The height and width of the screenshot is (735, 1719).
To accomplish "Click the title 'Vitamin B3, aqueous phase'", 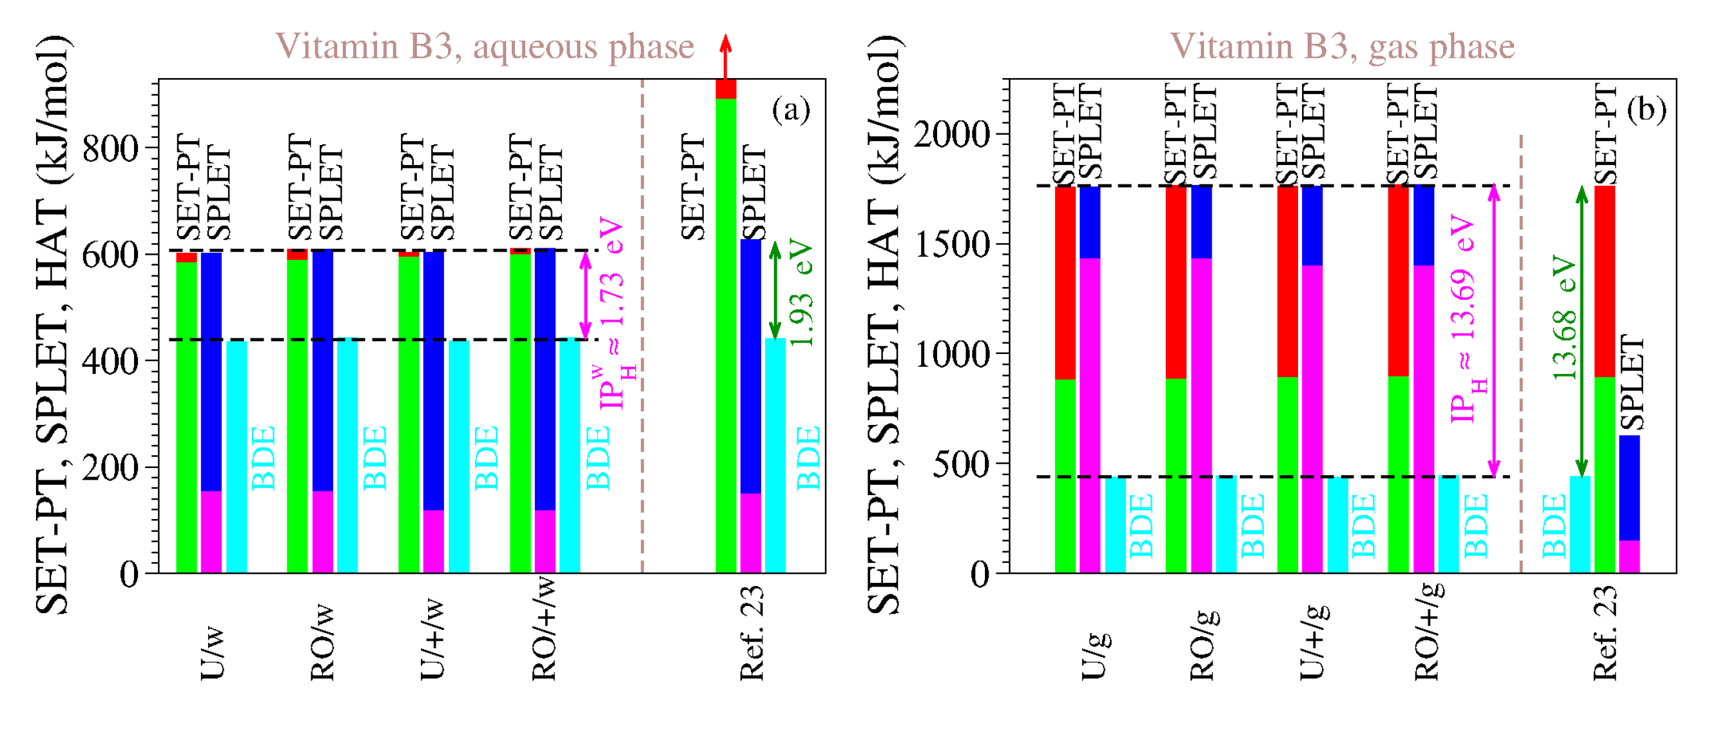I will point(485,46).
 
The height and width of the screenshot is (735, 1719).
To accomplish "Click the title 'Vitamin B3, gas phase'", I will point(1342,46).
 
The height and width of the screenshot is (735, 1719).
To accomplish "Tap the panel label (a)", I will point(790,109).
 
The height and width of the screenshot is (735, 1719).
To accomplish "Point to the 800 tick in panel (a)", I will point(110,148).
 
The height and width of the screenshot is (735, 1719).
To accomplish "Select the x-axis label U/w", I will point(212,654).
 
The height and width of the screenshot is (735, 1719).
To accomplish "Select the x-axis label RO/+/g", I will point(1428,631).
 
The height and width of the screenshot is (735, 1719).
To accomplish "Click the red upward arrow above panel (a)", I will point(725,56).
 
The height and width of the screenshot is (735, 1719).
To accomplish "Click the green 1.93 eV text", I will point(801,294).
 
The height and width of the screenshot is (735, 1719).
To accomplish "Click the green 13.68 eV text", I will point(1564,317).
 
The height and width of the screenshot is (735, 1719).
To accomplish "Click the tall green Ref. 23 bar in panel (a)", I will point(725,334).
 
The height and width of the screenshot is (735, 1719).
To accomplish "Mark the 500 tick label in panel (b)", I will point(961,464).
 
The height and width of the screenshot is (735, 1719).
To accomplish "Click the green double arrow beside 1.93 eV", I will point(774,290).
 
